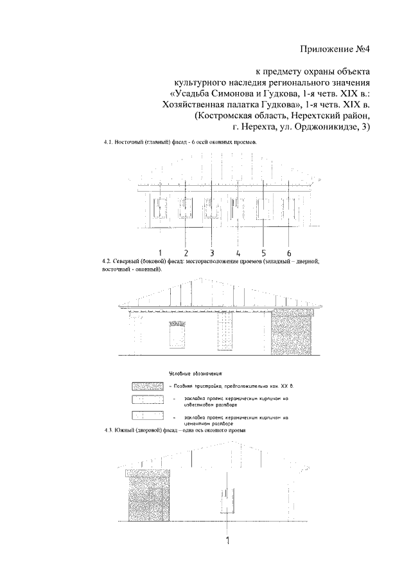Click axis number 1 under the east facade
coord(160,251)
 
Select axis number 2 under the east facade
coord(186,251)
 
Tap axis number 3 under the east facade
coord(211,251)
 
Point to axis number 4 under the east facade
coord(238,251)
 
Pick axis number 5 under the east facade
coord(263,251)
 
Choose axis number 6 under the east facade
coord(289,251)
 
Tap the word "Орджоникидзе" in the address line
coord(328,128)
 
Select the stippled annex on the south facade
coord(148,494)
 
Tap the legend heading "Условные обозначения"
coord(195,372)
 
